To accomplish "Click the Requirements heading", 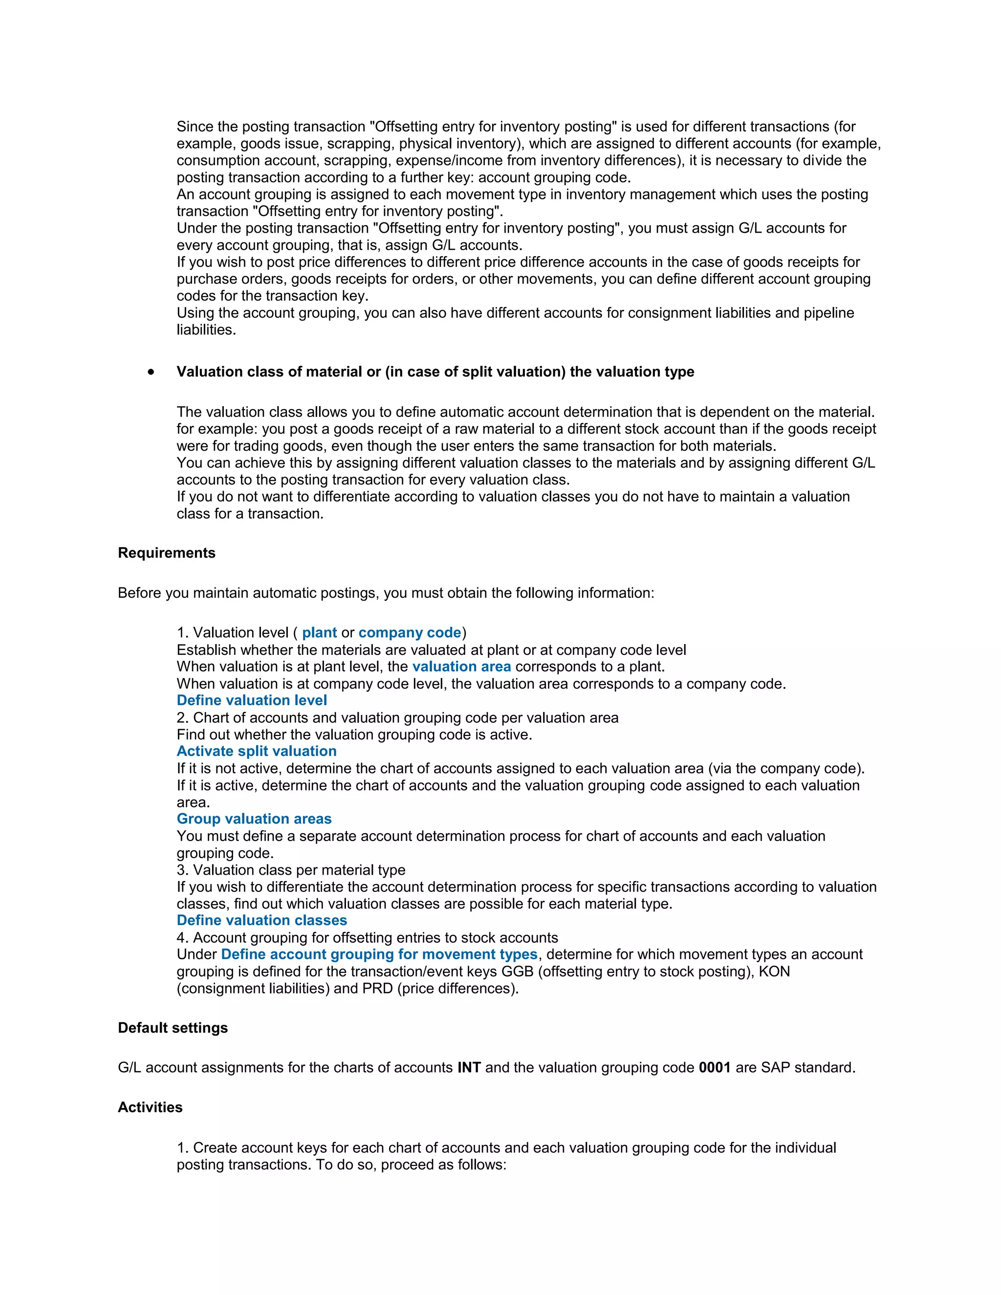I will tap(167, 553).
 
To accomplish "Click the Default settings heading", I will tap(173, 1028).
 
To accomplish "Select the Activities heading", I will tap(150, 1107).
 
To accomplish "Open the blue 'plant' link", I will tap(319, 633).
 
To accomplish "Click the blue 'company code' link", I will tap(409, 633).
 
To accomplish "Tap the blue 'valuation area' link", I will tap(461, 667).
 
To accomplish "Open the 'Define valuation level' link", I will tap(251, 700).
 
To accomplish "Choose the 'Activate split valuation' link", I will tap(256, 751).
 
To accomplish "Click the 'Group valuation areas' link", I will tap(254, 819).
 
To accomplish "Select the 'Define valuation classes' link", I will tap(261, 920).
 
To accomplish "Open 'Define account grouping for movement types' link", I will tap(379, 954).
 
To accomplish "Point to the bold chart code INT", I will tap(468, 1067).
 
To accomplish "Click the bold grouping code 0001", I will tap(714, 1067).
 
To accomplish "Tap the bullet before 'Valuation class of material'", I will tap(152, 372).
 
